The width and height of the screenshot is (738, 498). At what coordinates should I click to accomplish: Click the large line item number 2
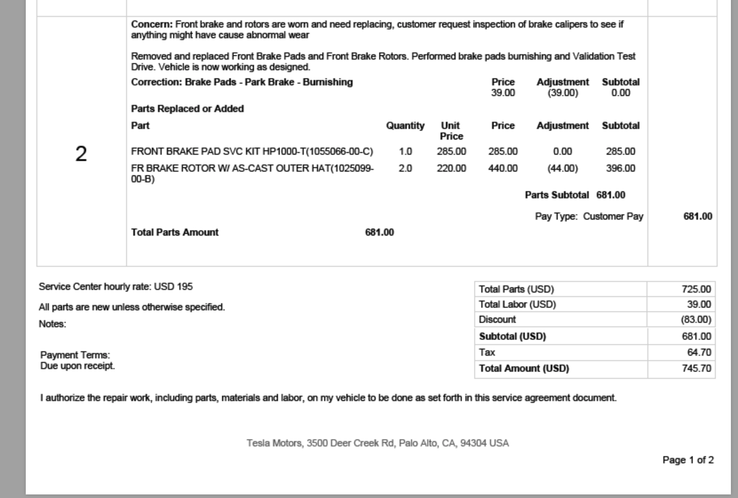81,154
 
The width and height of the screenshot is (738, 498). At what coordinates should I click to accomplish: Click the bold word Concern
151,24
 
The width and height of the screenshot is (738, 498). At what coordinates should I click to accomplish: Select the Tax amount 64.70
699,353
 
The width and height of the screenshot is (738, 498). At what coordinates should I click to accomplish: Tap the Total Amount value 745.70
696,369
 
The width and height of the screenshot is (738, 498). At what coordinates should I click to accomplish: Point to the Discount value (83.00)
696,320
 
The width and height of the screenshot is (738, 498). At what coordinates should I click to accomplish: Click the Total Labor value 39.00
699,305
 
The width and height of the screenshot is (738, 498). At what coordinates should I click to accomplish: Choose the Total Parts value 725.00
696,289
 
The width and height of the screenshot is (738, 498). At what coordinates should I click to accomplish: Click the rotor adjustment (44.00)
562,169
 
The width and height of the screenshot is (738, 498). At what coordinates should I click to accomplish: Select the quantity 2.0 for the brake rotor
405,169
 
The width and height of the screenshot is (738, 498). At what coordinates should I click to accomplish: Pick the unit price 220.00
451,169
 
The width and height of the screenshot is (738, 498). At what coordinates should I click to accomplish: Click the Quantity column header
405,126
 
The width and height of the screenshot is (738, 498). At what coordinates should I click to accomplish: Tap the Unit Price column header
451,131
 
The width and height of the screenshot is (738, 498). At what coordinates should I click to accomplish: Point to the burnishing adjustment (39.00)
562,93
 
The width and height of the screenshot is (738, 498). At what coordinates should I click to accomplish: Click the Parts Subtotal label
556,195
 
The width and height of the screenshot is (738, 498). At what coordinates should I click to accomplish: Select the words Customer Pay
613,217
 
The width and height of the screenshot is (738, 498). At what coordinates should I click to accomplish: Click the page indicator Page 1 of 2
688,460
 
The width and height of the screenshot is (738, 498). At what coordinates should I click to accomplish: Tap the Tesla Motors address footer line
377,443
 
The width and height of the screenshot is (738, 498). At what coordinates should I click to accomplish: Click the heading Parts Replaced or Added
187,109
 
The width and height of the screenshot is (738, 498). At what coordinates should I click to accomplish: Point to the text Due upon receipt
78,366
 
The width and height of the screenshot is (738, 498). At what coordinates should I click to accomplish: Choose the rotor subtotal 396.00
620,169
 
